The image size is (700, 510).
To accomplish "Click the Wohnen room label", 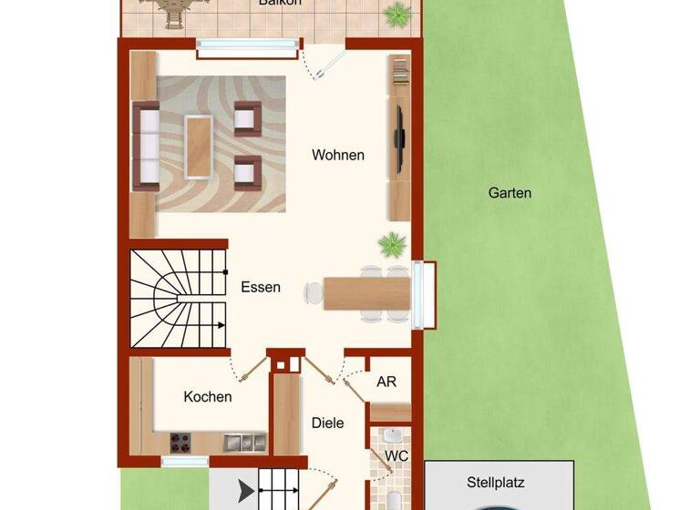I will (338, 155).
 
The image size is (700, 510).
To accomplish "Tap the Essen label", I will (261, 288).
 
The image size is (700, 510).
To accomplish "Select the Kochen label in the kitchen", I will (208, 397).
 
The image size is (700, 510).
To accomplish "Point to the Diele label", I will (327, 423).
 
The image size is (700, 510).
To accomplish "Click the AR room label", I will (386, 382).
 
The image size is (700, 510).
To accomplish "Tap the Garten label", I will (510, 193).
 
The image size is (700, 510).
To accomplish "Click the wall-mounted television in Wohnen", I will (399, 138).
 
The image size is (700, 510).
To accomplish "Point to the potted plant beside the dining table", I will (393, 244).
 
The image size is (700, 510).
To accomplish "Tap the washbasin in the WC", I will (394, 434).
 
